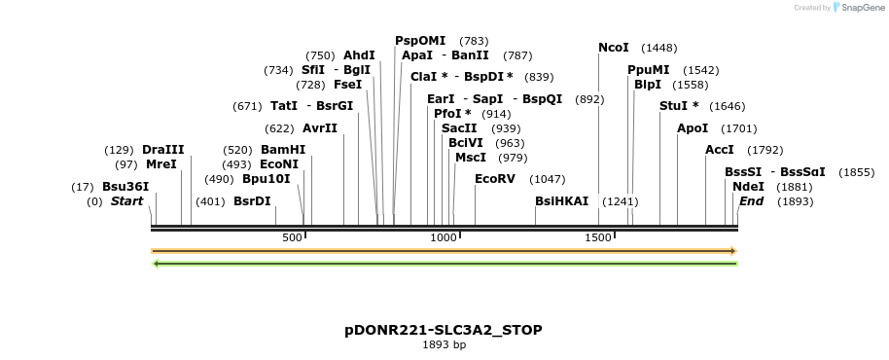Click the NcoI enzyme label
614,48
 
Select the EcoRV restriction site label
495,179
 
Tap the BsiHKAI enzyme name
562,201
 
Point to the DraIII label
162,150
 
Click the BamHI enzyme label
283,150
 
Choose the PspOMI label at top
420,41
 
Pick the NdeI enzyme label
747,187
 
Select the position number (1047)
547,179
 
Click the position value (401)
210,201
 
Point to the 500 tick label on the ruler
292,238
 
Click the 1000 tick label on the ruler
444,238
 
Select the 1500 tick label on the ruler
597,238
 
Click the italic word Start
126,201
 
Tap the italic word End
751,201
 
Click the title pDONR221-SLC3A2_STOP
444,330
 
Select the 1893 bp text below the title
444,344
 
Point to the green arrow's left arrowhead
156,263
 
